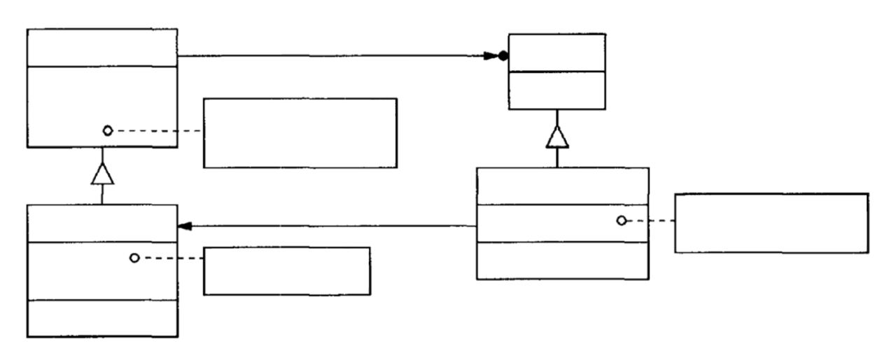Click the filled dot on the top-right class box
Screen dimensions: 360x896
(x=503, y=57)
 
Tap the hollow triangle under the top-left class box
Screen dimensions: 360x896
(x=102, y=172)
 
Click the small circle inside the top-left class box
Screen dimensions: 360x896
(x=107, y=130)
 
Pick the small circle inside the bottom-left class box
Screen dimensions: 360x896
(x=134, y=258)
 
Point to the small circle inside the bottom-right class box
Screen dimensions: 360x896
(x=621, y=221)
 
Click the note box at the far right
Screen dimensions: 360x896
(x=771, y=223)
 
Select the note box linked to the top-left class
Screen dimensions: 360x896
(x=300, y=132)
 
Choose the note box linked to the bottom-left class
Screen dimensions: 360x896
(x=286, y=270)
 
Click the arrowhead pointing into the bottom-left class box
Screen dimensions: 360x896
(x=185, y=226)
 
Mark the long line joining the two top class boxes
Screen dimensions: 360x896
(x=336, y=57)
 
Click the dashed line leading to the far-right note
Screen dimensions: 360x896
(x=650, y=221)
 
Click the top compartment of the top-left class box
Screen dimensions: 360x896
(x=102, y=47)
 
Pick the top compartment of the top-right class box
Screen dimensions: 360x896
(x=556, y=52)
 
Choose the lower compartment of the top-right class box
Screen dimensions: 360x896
(x=556, y=90)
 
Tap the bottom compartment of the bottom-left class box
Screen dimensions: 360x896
(x=102, y=319)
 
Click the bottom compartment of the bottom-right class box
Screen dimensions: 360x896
(x=562, y=261)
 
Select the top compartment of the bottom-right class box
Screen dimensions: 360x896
(x=562, y=186)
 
